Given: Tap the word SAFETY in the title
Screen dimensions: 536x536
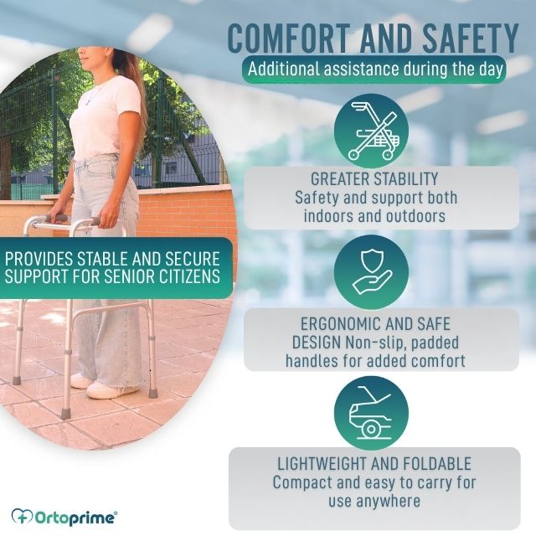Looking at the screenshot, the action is point(471,38).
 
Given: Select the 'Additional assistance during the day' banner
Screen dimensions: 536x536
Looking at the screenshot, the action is point(374,69).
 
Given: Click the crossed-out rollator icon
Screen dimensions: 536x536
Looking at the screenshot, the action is point(372,131).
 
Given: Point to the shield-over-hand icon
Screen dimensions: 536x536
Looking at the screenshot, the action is point(372,272).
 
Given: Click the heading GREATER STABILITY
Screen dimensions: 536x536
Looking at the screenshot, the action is point(374,179).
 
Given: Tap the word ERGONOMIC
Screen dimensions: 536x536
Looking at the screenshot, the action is point(343,324).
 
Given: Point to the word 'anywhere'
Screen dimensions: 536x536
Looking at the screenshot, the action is point(389,502).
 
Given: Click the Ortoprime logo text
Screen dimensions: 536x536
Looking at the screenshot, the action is point(75,518).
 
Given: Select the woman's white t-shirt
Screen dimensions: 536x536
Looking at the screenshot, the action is point(102,116).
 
